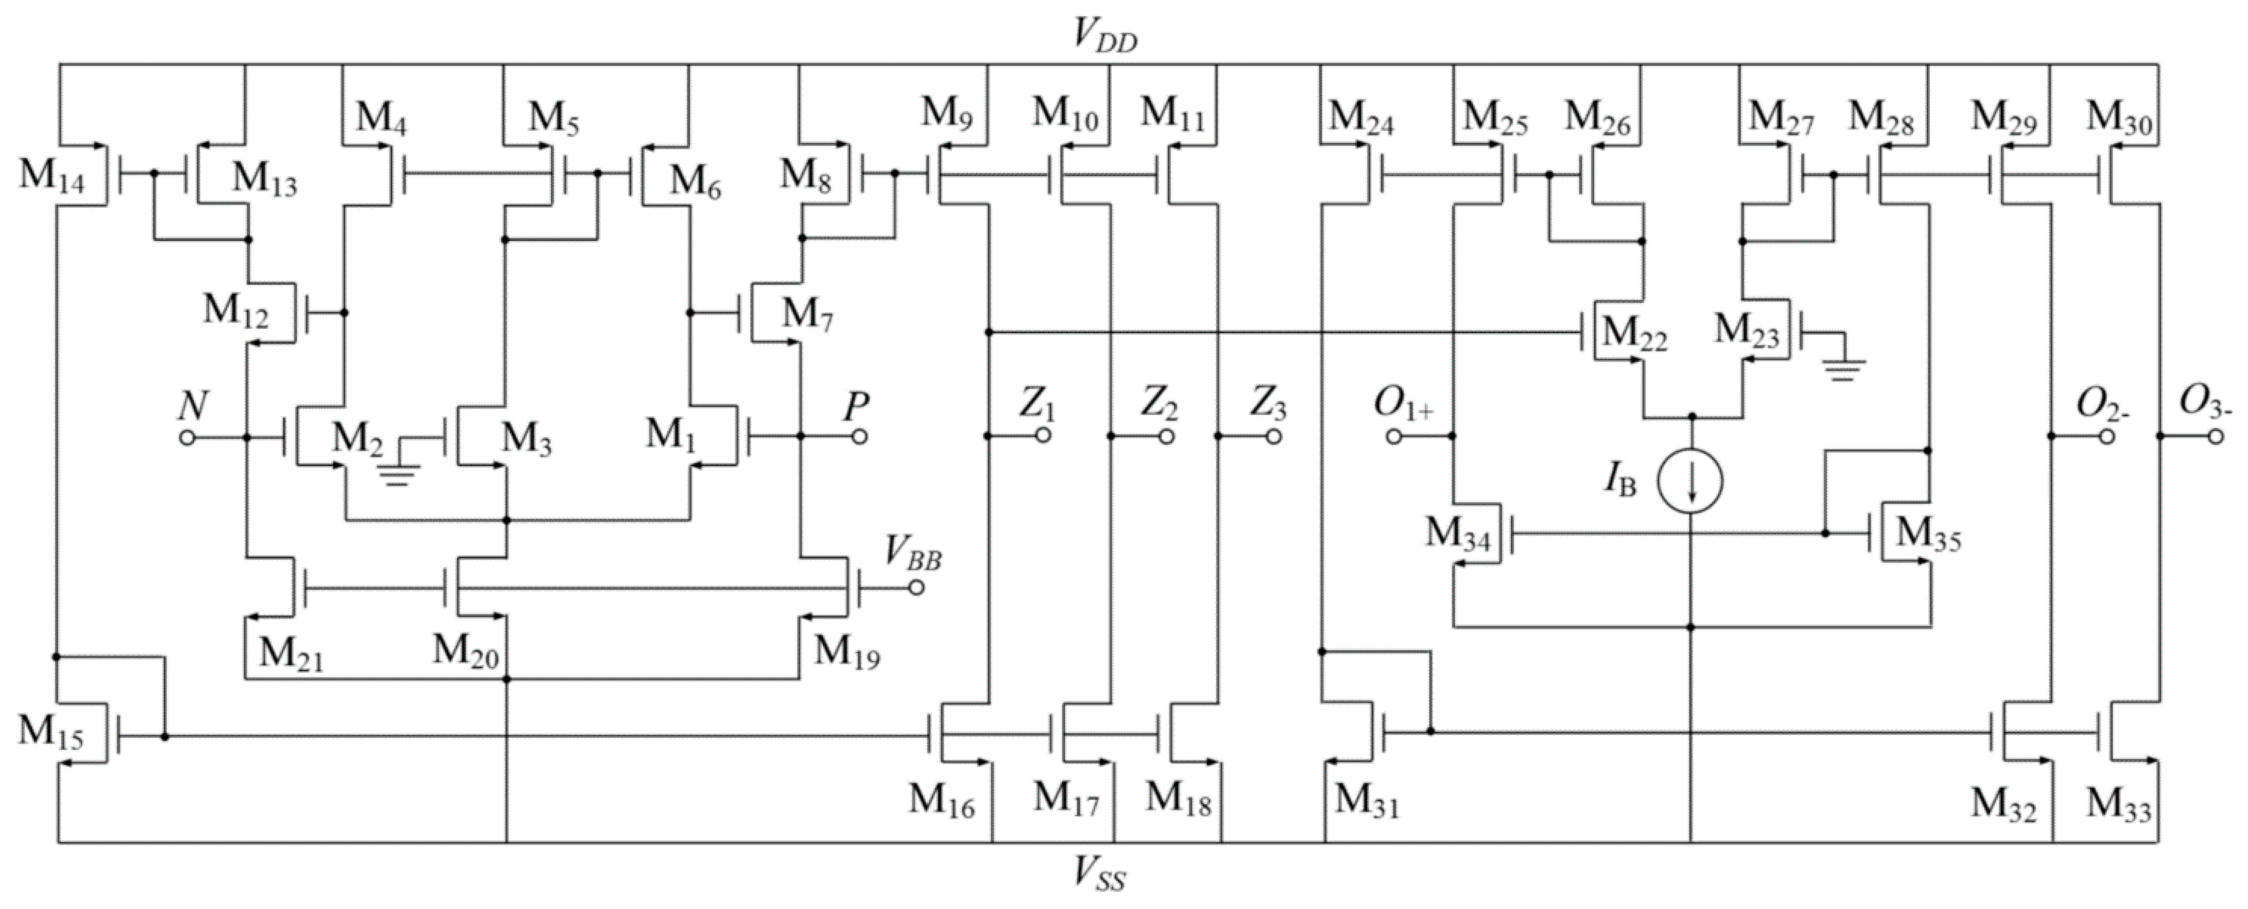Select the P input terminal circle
click(860, 436)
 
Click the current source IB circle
click(1690, 481)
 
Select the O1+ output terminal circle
click(1394, 436)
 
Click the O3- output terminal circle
click(2216, 436)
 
